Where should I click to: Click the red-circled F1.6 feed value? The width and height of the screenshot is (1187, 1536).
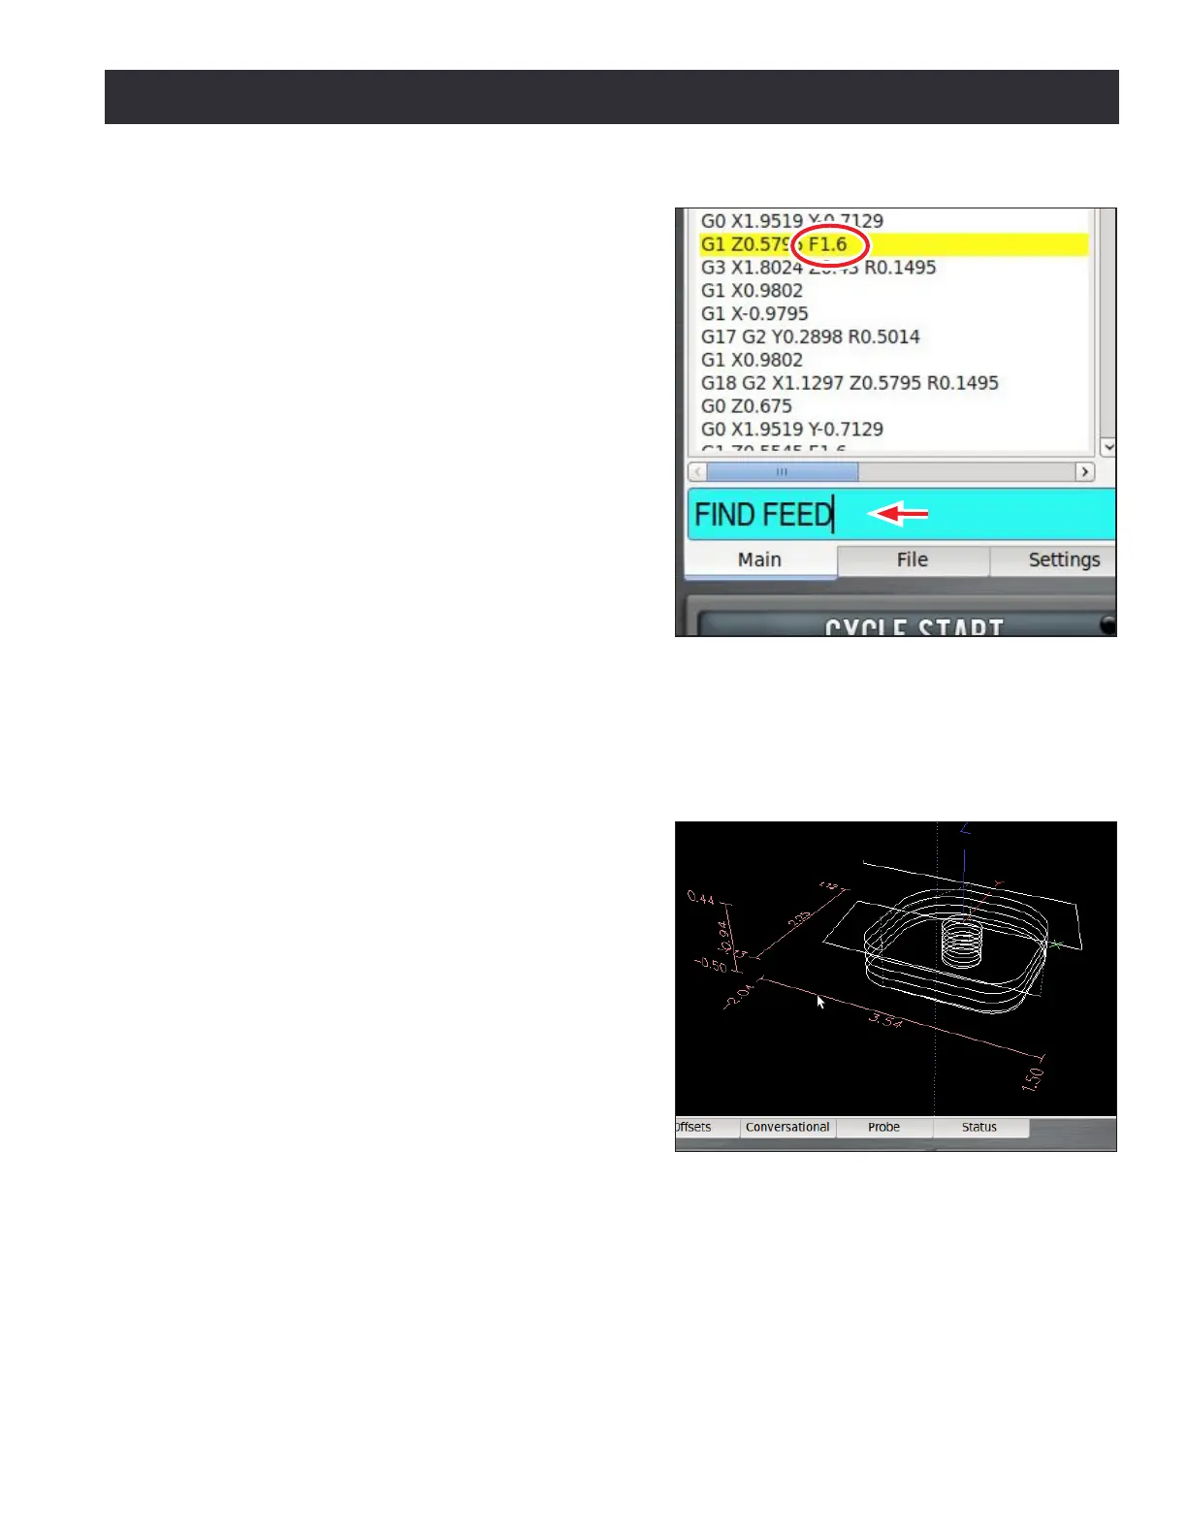pos(827,244)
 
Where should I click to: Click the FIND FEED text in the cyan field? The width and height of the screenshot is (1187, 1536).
pos(763,514)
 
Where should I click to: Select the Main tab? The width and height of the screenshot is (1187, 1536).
pos(759,560)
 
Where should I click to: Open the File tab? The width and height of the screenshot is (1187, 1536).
pos(912,560)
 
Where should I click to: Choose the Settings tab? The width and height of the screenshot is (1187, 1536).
pos(1063,560)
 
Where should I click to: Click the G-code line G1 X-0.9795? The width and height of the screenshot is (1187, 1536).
pos(754,313)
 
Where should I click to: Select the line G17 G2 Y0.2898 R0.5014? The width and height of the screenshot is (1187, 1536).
pos(810,336)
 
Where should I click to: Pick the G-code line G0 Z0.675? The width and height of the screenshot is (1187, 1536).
pos(746,405)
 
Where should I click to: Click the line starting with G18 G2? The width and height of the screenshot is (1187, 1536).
pos(850,382)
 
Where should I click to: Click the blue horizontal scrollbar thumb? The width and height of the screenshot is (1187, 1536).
pos(782,472)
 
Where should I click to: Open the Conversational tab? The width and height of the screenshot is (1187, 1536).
pos(787,1127)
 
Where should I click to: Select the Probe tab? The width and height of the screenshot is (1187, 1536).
pos(883,1127)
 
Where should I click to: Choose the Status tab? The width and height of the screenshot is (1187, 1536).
pos(978,1127)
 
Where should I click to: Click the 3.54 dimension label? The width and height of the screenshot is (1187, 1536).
pos(885,1019)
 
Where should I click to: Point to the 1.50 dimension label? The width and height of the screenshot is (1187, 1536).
pos(1034,1077)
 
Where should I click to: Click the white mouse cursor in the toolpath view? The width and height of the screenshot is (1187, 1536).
pos(820,1002)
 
